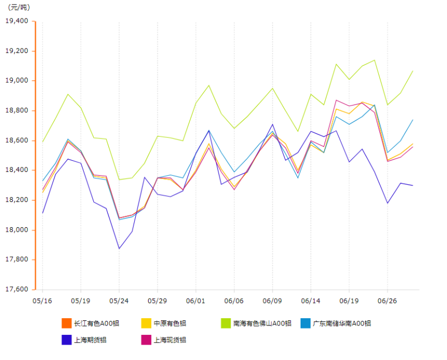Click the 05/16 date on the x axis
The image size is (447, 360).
point(42,300)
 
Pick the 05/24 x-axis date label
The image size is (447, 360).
point(119,300)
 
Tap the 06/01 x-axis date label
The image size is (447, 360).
point(196,300)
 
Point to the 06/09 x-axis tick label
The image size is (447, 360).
point(272,300)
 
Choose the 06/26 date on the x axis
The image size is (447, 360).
point(387,300)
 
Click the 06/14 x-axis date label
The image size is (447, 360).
point(311,300)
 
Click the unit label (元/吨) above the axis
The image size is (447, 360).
point(19,7)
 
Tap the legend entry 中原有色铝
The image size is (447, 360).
point(170,323)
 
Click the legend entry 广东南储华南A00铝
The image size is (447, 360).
point(341,323)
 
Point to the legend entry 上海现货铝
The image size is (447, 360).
point(170,339)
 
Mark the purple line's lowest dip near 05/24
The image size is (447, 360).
point(119,248)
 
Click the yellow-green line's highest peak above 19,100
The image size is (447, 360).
point(374,60)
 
